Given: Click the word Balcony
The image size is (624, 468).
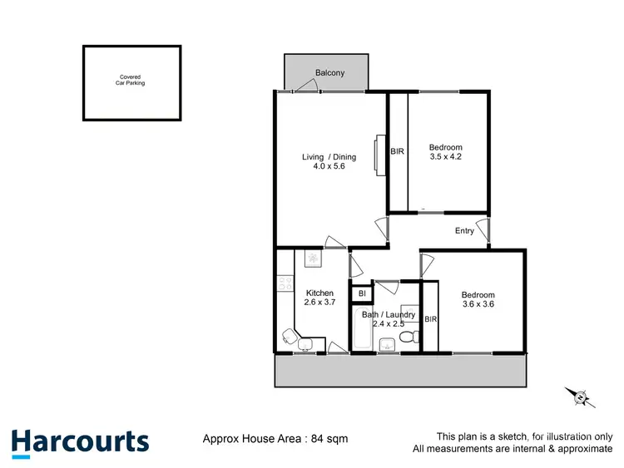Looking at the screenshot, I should click(x=330, y=73).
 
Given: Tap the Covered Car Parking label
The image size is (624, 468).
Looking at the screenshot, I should click(x=131, y=81).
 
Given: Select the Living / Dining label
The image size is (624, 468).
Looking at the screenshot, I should click(x=329, y=157).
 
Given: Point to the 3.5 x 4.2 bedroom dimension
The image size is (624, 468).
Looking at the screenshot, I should click(x=445, y=156).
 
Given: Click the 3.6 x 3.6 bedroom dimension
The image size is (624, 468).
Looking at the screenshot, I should click(x=478, y=304).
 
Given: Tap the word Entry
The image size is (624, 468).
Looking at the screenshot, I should click(x=464, y=231).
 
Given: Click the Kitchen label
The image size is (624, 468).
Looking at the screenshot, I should click(x=319, y=293).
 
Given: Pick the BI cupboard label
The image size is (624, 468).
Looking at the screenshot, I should click(x=362, y=293).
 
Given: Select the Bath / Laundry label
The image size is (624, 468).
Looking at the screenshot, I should click(x=388, y=314).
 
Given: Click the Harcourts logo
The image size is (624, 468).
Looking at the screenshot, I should click(x=80, y=441).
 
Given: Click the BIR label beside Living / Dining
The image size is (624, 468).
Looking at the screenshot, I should click(x=398, y=151).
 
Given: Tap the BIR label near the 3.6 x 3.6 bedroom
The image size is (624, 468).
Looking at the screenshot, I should click(x=431, y=319).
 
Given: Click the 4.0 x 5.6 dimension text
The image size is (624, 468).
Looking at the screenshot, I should click(x=329, y=166).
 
